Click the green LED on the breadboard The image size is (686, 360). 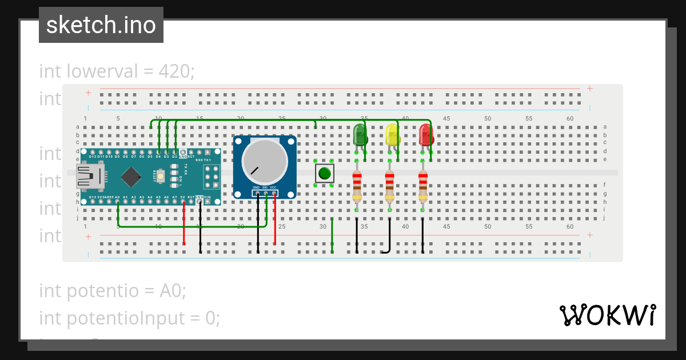tap(360, 135)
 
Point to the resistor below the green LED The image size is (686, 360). tap(357, 186)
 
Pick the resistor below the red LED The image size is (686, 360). tap(422, 186)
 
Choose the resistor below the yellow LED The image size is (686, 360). tap(389, 186)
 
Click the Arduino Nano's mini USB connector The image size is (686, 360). tap(90, 177)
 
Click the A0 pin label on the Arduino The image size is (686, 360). tap(117, 197)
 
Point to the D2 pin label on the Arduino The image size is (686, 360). tap(175, 156)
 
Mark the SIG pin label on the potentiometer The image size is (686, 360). tap(265, 187)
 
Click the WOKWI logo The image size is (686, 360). tap(607, 315)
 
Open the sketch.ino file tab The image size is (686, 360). tap(101, 25)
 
